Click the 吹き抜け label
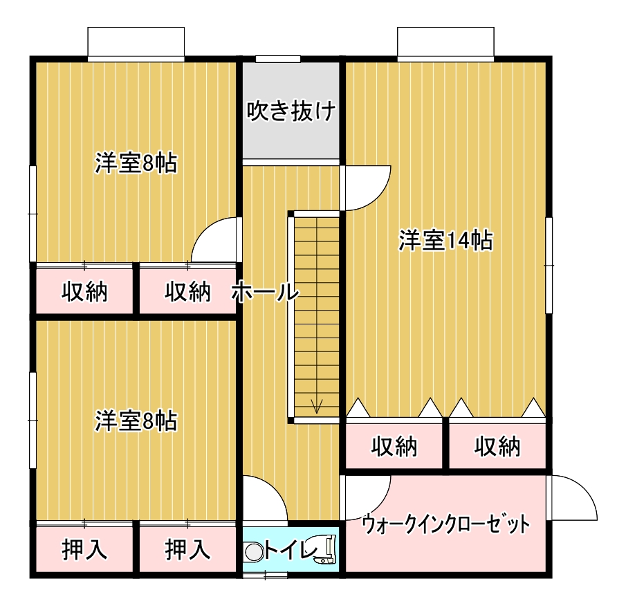tap(291, 111)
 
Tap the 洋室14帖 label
tap(445, 240)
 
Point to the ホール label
tap(266, 291)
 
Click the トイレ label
tap(291, 551)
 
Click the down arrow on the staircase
tap(317, 406)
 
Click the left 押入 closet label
tap(84, 549)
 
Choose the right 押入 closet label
tap(187, 549)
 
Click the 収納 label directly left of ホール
tap(187, 291)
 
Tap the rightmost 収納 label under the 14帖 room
tap(497, 446)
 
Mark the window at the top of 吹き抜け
tap(278, 59)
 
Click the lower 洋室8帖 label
tap(136, 421)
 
